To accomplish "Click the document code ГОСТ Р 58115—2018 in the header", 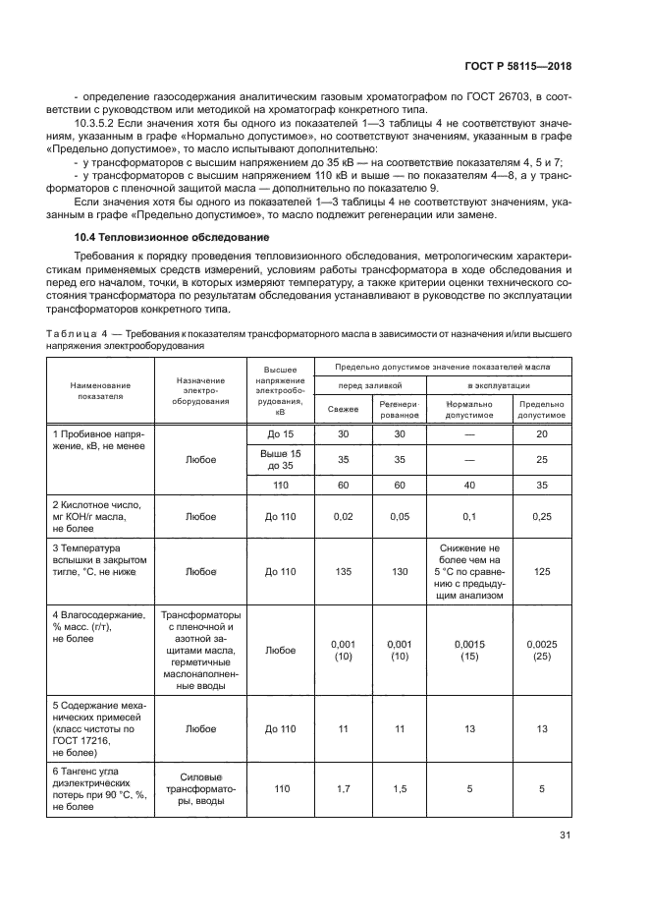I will [x=517, y=66].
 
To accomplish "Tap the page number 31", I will [x=565, y=835].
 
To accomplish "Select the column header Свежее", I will [x=343, y=409].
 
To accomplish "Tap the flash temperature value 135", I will [x=343, y=570].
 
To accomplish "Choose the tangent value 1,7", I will [x=343, y=788].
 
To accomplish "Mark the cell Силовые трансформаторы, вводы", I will [x=200, y=788].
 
